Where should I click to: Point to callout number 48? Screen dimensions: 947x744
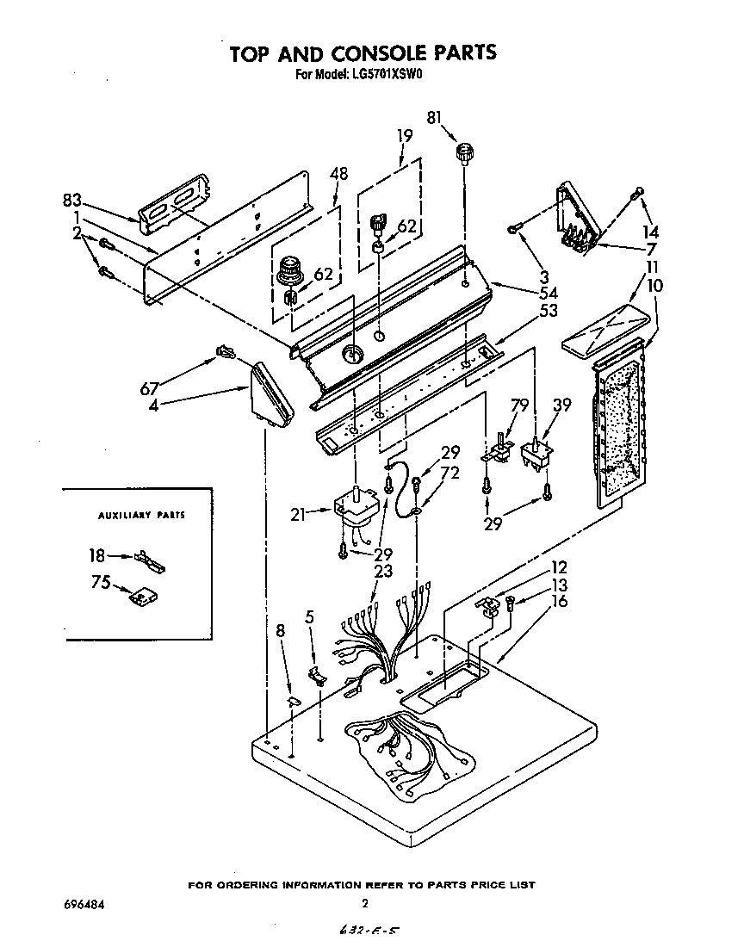[338, 173]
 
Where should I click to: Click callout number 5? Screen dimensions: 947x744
[309, 616]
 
